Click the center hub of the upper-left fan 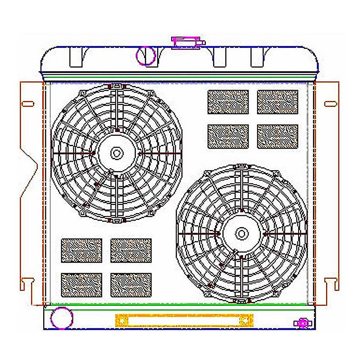[x=116, y=152]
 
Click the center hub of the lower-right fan [x=241, y=233]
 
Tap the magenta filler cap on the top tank [x=186, y=42]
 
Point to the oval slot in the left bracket [x=28, y=103]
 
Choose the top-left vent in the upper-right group [x=228, y=102]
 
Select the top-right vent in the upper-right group [x=277, y=102]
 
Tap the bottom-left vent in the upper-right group [x=228, y=136]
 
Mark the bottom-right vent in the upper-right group [x=277, y=136]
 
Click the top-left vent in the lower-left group [x=81, y=250]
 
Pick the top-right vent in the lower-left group [x=131, y=250]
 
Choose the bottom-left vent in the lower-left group [x=81, y=285]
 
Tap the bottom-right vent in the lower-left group [x=131, y=285]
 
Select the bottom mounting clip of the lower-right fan [x=241, y=300]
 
